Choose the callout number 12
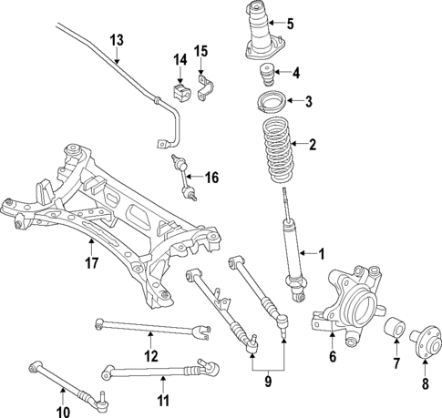(x=152, y=355)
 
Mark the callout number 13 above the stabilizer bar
(x=116, y=40)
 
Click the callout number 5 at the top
(x=291, y=23)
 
